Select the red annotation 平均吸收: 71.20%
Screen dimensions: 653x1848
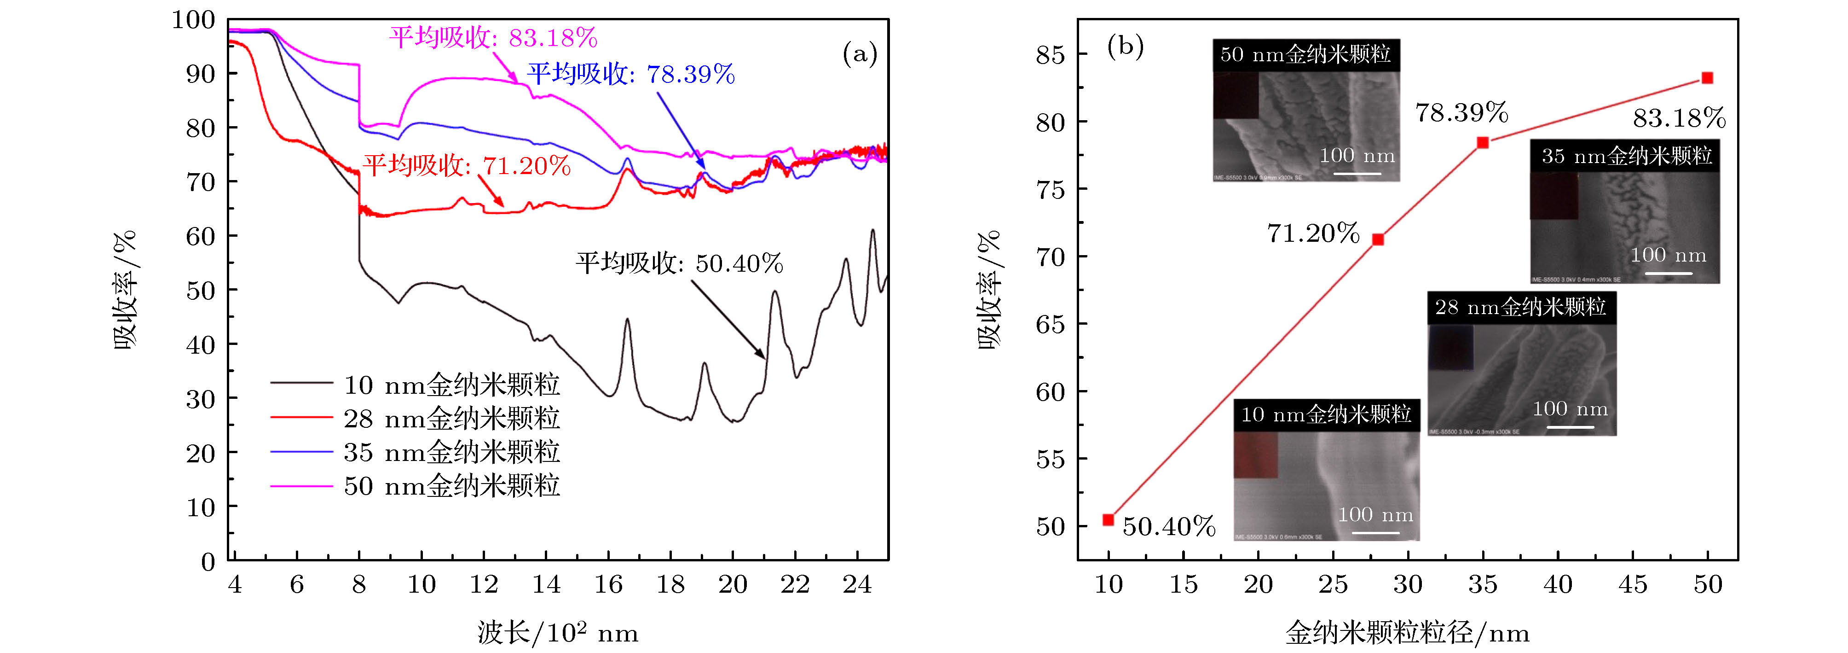click(466, 166)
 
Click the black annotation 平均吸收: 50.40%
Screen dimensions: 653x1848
click(679, 263)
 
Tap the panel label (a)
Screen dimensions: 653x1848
click(860, 54)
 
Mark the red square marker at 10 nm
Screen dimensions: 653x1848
click(1109, 519)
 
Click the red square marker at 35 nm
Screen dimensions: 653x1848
click(1483, 143)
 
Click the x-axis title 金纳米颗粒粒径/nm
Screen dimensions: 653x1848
click(1408, 633)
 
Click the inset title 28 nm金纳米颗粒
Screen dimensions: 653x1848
click(1521, 307)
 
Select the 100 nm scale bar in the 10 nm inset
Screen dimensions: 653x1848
click(1376, 532)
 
